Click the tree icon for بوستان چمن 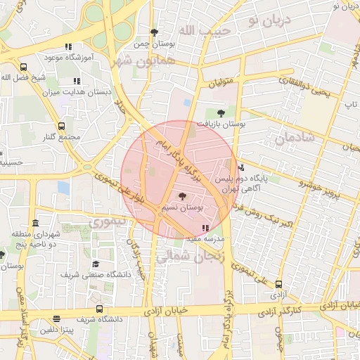[x=154, y=32]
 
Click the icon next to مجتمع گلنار [x=61, y=126]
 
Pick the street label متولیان [x=221, y=86]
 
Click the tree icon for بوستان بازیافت [x=221, y=112]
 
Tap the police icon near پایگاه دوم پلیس [x=242, y=167]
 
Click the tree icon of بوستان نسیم [x=183, y=197]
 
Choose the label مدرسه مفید [x=205, y=239]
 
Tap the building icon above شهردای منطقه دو [x=35, y=222]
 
